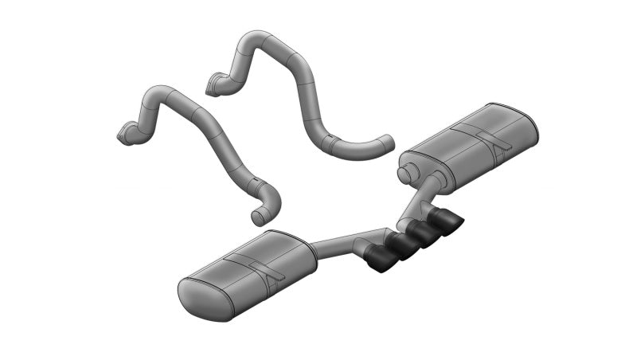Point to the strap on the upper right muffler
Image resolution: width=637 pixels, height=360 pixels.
[483, 137]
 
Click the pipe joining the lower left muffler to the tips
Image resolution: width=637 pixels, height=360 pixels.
[342, 240]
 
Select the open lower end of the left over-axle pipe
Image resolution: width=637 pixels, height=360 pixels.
[256, 217]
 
